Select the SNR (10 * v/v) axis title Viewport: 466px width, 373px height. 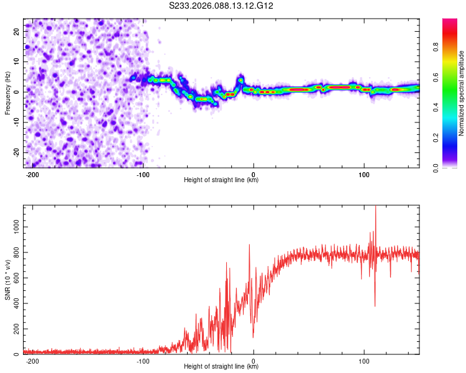point(7,280)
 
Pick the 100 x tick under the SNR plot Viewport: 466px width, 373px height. point(363,360)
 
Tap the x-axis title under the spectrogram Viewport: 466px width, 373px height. point(221,180)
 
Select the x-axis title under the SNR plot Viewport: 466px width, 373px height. point(221,367)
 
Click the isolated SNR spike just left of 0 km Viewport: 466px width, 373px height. point(249,246)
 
